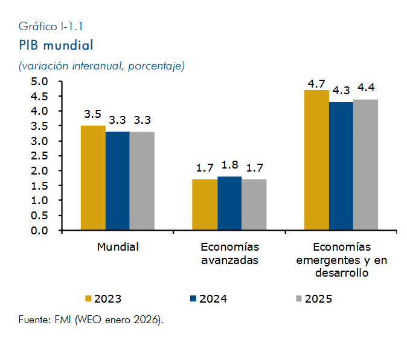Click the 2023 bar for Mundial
pos(93,178)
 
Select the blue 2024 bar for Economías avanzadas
pos(229,203)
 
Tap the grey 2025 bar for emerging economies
pos(365,165)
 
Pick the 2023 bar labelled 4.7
pos(316,160)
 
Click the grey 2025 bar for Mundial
pos(142,181)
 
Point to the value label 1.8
pos(229,165)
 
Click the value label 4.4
pos(366,88)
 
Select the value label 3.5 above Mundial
pos(92,114)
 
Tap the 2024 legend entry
pos(209,299)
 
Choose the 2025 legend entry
pos(314,299)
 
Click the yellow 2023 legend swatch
pos(88,298)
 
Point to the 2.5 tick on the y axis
pos(39,156)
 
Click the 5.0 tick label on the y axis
pos(39,82)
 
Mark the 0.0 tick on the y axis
pos(39,231)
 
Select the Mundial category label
pos(118,247)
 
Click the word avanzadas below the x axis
pos(229,260)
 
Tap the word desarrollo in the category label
pos(342,273)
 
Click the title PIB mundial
pos(56,45)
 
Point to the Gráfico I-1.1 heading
pos(51,26)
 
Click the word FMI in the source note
pos(63,320)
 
